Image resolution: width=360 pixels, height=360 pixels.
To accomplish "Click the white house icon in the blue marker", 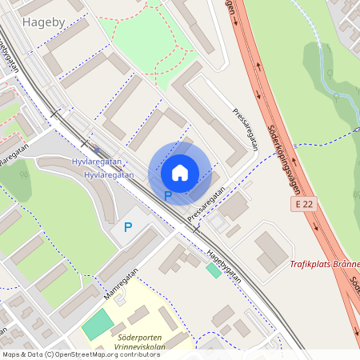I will click(180, 172).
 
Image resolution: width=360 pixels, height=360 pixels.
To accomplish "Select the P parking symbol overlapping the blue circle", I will click(168, 196).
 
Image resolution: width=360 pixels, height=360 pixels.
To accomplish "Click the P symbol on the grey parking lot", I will click(127, 227).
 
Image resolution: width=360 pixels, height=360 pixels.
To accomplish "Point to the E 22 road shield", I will click(302, 206).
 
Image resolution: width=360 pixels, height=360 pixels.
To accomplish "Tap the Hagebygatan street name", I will click(223, 263).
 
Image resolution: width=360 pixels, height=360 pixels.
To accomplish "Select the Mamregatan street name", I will click(121, 283).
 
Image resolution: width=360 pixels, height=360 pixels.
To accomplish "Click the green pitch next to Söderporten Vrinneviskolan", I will click(98, 324).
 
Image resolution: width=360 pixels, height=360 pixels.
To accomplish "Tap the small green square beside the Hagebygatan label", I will click(213, 270).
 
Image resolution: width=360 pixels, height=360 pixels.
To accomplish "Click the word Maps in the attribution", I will click(11, 354).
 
